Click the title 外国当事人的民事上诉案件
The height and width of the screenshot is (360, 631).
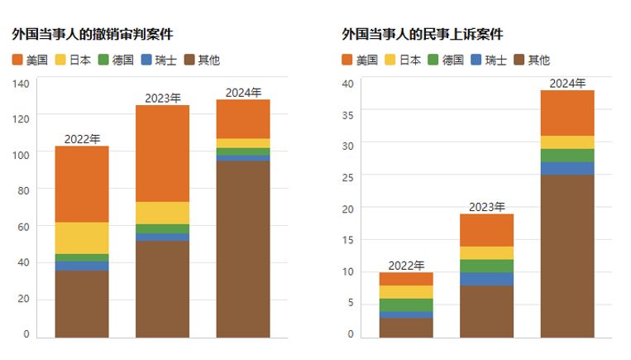(422, 34)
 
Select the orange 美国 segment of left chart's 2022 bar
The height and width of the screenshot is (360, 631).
(82, 184)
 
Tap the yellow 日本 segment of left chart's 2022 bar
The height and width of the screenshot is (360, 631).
(82, 238)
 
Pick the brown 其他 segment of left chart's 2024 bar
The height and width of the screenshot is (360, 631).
(243, 249)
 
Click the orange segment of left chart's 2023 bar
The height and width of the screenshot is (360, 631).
(162, 153)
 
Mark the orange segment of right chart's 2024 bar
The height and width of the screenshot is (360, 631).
(567, 113)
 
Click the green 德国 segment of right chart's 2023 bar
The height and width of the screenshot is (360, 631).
(486, 266)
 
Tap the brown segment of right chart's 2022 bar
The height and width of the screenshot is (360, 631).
(406, 328)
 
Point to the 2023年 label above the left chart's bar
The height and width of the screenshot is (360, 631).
(163, 98)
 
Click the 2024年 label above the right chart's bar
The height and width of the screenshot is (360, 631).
(567, 83)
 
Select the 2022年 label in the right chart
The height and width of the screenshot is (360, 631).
(406, 265)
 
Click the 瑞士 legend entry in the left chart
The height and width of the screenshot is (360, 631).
(158, 60)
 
